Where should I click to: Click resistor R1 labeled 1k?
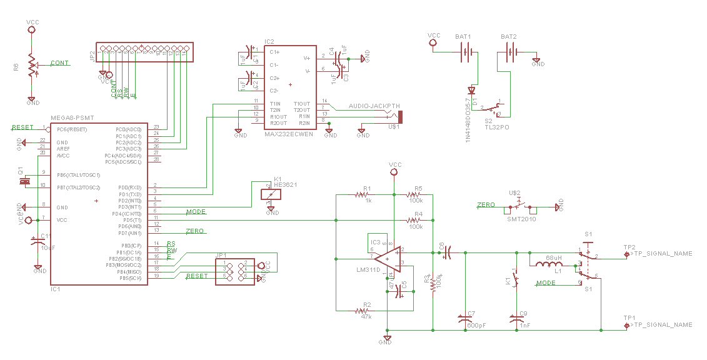pyautogui.click(x=362, y=194)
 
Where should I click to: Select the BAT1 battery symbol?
pyautogui.click(x=464, y=52)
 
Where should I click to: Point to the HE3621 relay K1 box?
pyautogui.click(x=270, y=194)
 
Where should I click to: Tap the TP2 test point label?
pyautogui.click(x=629, y=247)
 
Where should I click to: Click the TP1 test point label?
pyautogui.click(x=629, y=318)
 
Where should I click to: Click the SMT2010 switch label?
pyautogui.click(x=521, y=219)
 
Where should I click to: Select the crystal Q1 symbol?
pyautogui.click(x=24, y=181)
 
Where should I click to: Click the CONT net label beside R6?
pyautogui.click(x=59, y=63)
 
